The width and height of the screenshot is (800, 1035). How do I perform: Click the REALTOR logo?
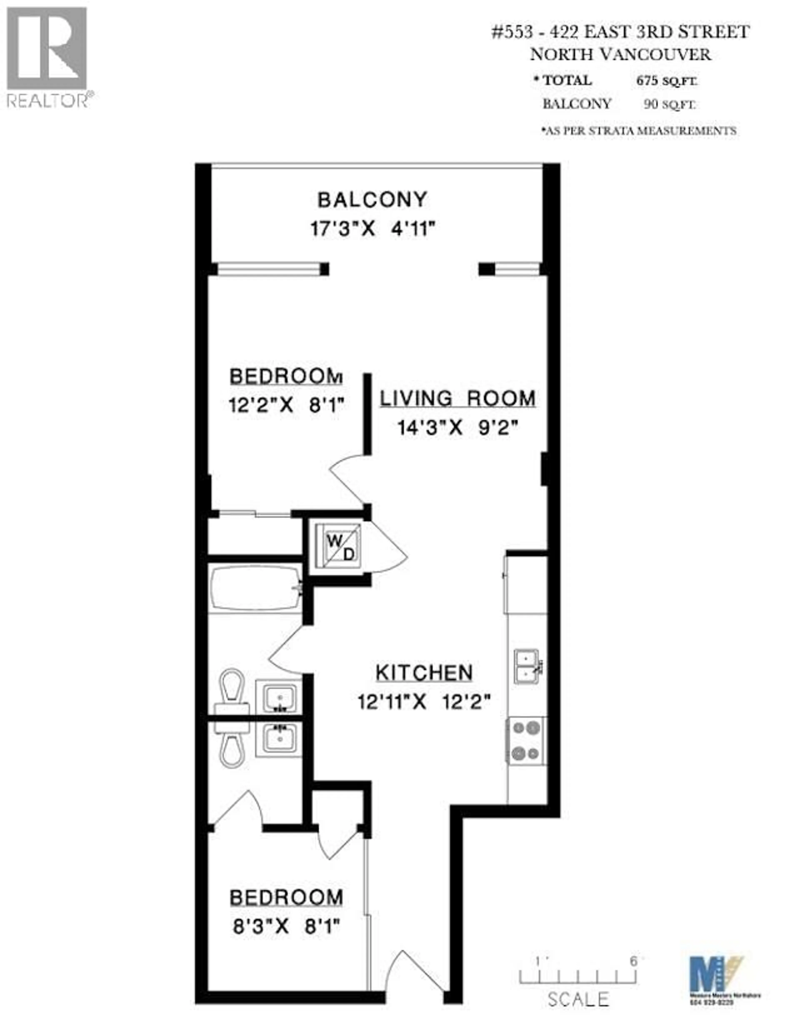pos(46,57)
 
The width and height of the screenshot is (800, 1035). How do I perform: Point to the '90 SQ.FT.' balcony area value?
pos(669,104)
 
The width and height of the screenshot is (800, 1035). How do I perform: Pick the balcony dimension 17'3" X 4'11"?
pos(372,229)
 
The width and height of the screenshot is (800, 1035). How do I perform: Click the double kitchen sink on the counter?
pos(527,667)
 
